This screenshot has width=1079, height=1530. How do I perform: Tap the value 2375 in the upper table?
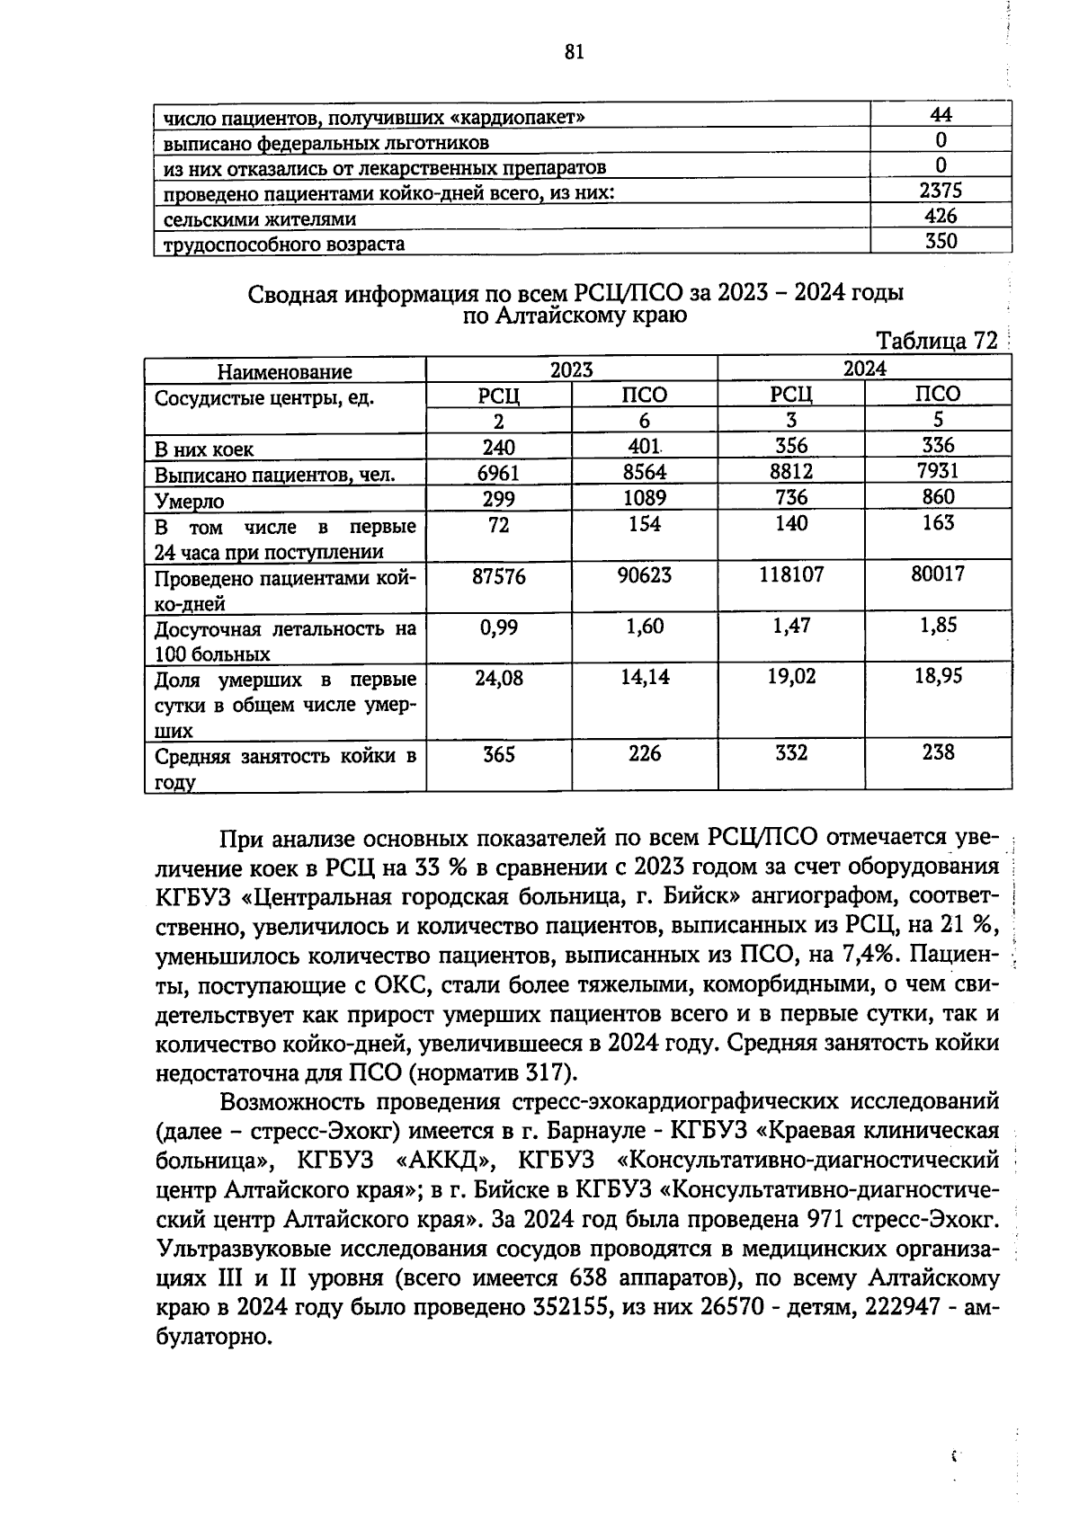pyautogui.click(x=941, y=191)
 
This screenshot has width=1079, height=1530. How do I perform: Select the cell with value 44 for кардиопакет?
pyautogui.click(x=941, y=114)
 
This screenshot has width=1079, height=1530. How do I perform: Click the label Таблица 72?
pyautogui.click(x=936, y=342)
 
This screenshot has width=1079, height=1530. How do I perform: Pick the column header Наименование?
pyautogui.click(x=285, y=371)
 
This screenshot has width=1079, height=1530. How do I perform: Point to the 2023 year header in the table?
pyautogui.click(x=572, y=369)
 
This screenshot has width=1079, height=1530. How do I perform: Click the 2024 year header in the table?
pyautogui.click(x=864, y=369)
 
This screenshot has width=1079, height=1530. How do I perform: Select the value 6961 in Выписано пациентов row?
pyautogui.click(x=498, y=472)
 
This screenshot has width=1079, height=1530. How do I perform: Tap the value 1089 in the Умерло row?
pyautogui.click(x=645, y=498)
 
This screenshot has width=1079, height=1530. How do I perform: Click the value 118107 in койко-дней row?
pyautogui.click(x=791, y=574)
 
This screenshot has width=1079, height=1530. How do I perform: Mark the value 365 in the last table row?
pyautogui.click(x=498, y=753)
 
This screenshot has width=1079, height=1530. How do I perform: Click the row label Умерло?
pyautogui.click(x=190, y=502)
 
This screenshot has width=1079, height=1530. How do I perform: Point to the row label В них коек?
pyautogui.click(x=204, y=449)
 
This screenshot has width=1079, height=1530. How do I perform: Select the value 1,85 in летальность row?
pyautogui.click(x=938, y=626)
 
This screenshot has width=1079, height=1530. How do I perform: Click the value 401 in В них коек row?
pyautogui.click(x=645, y=446)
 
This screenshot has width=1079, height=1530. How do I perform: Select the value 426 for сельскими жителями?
pyautogui.click(x=941, y=216)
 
